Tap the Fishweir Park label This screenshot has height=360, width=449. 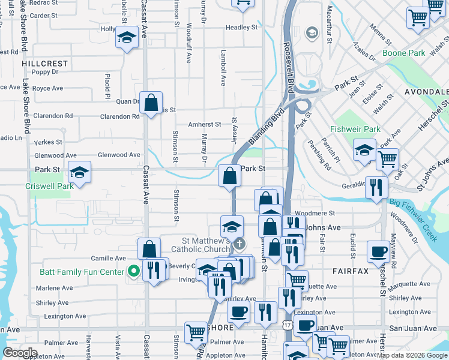pyautogui.click(x=355, y=129)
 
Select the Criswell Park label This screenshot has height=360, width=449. pyautogui.click(x=49, y=186)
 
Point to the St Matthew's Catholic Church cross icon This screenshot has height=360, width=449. pyautogui.click(x=240, y=244)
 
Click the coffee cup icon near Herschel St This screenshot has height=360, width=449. pyautogui.click(x=379, y=251)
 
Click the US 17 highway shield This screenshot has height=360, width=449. pyautogui.click(x=287, y=325)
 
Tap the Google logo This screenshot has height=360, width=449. pyautogui.click(x=20, y=353)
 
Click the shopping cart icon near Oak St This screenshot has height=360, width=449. pyautogui.click(x=387, y=159)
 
